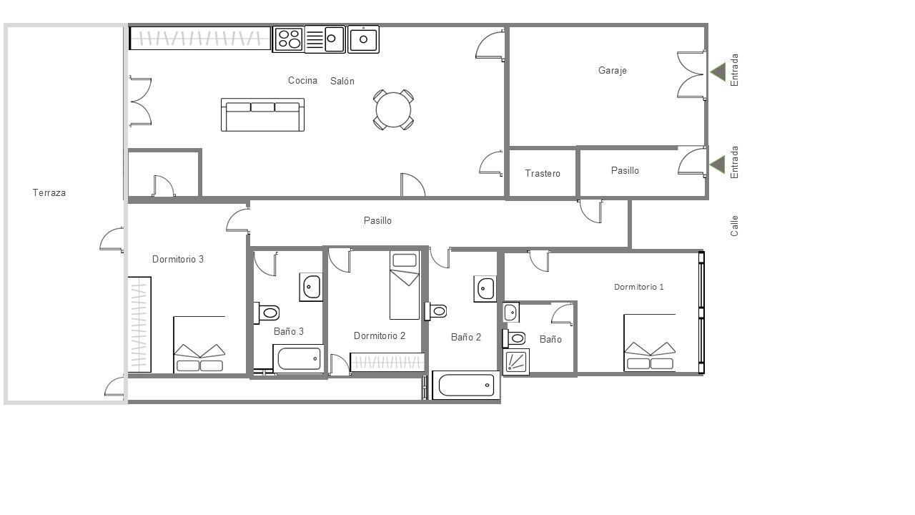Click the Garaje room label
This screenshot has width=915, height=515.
click(613, 71)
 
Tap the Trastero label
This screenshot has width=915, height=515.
click(543, 174)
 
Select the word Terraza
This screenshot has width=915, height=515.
click(49, 192)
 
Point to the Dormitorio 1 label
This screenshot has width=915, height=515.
click(639, 287)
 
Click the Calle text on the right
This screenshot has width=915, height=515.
click(734, 226)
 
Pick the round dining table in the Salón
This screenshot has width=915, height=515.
click(393, 110)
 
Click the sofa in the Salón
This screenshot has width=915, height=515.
click(262, 115)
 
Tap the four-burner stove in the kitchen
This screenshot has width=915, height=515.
click(289, 39)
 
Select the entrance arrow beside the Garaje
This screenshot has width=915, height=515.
click(718, 72)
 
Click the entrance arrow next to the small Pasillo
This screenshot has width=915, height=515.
click(717, 165)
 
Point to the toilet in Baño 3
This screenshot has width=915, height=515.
click(267, 313)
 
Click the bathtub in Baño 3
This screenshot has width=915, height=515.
click(299, 359)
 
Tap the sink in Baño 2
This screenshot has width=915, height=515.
click(485, 289)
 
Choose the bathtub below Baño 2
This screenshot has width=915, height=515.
click(466, 385)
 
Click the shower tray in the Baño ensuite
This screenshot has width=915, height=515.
click(516, 362)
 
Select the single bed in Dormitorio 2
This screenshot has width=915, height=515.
click(405, 285)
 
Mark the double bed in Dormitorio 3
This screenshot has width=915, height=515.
click(199, 345)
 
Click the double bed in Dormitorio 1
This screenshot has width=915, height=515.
click(650, 343)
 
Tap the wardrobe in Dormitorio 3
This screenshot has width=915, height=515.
click(139, 325)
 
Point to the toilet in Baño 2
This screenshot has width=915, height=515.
click(436, 311)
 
